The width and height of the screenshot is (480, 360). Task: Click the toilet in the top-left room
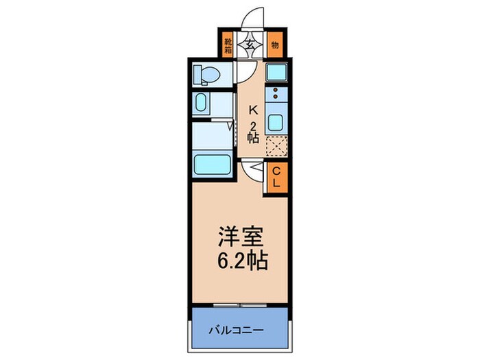tap(206, 73)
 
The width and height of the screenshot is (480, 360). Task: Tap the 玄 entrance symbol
tap(252, 44)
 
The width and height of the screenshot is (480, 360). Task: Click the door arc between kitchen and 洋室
tap(252, 171)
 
